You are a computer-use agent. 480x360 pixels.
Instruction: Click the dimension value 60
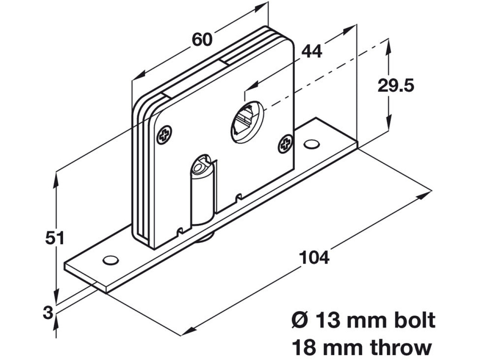(202, 39)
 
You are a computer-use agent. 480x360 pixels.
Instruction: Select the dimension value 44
(312, 51)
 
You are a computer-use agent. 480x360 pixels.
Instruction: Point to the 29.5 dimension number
(396, 86)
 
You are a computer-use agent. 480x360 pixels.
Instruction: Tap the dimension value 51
(55, 238)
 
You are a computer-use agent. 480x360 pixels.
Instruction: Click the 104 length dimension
(314, 258)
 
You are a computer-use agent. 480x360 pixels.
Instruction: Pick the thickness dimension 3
(48, 312)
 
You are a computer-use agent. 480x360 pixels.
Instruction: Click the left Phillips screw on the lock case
(164, 134)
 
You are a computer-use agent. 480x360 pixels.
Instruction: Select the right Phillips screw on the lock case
(285, 144)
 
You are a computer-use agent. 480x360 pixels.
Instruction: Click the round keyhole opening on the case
(247, 121)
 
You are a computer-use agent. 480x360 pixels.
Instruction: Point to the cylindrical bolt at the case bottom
(202, 195)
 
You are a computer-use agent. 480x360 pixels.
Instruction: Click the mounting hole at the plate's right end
(311, 144)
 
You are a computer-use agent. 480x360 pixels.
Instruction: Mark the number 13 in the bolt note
(328, 321)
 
